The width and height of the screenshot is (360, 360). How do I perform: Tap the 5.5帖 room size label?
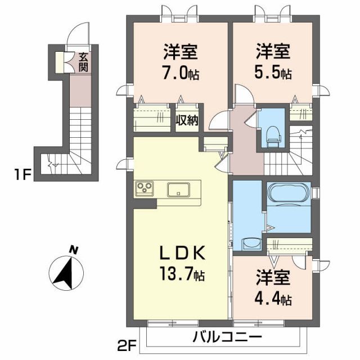(274, 74)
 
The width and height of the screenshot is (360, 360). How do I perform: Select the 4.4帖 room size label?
(274, 299)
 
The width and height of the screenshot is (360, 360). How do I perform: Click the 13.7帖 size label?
(182, 275)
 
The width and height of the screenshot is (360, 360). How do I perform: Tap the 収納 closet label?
(187, 119)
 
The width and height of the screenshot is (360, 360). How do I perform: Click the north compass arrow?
(66, 273)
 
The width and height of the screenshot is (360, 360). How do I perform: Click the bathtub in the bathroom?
(287, 193)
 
